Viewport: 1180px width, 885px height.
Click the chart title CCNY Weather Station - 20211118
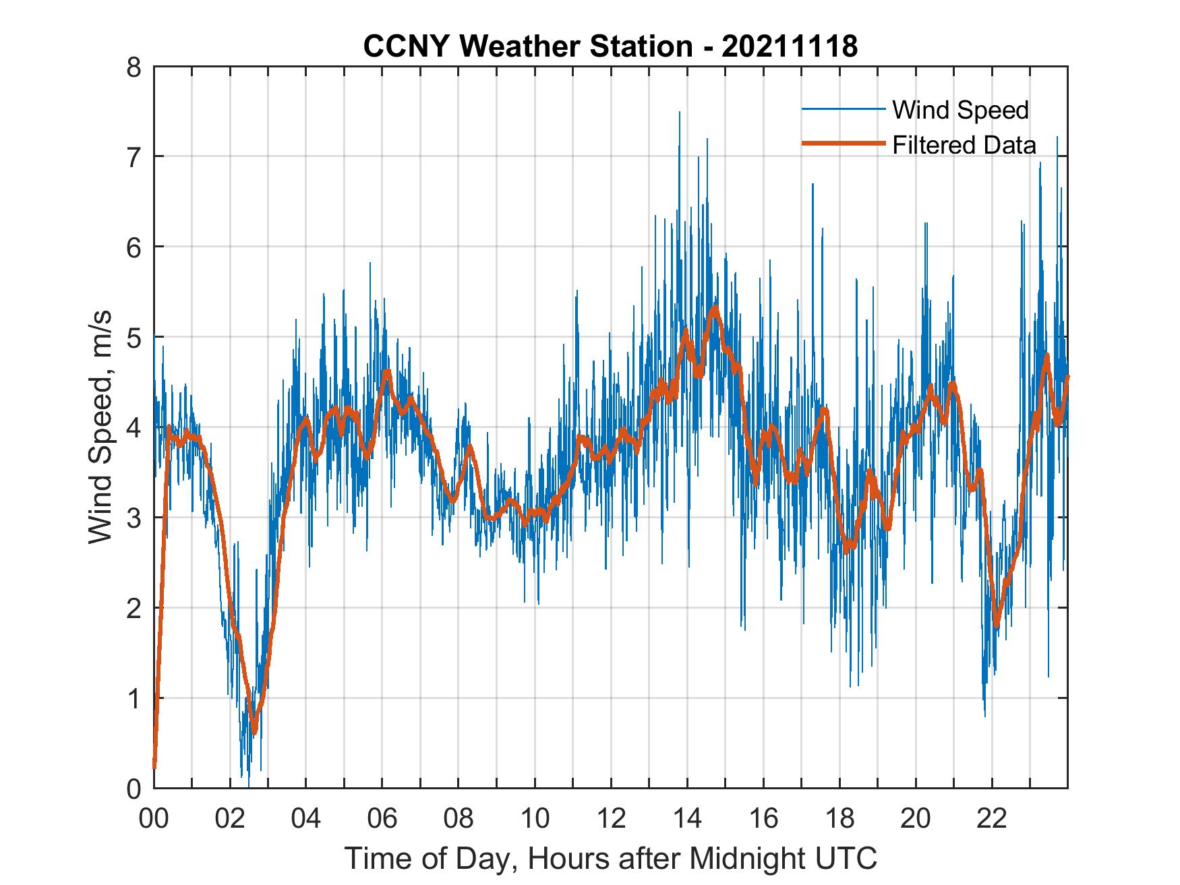[610, 47]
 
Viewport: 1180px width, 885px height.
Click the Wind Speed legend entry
[960, 110]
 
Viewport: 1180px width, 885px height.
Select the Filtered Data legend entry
[964, 145]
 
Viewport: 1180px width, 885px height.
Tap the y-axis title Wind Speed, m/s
[100, 427]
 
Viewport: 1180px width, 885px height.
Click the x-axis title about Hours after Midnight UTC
[610, 858]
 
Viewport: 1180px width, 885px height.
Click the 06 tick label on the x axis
[382, 819]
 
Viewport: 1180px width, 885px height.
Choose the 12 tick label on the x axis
[610, 819]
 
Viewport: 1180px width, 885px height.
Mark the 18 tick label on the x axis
[839, 819]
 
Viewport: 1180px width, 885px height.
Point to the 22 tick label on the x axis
[991, 819]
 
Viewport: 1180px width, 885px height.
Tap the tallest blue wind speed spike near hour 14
[679, 113]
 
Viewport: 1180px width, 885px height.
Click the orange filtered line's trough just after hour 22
[997, 625]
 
